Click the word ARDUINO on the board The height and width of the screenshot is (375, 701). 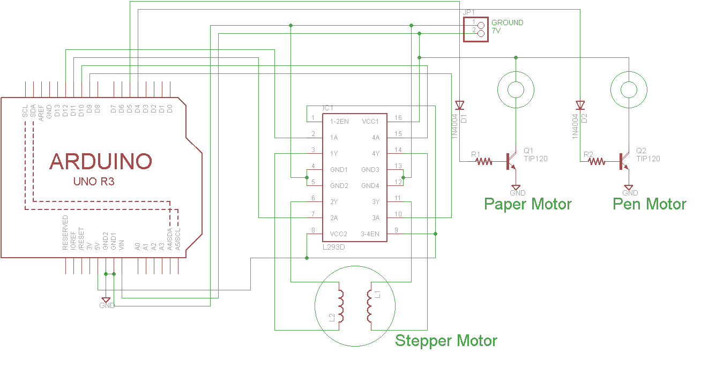[101, 161]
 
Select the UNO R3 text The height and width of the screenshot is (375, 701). [94, 182]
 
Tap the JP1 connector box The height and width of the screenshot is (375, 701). [475, 29]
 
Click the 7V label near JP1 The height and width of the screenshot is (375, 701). [496, 31]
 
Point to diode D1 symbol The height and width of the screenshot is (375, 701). [459, 105]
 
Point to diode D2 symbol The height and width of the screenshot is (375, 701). [580, 105]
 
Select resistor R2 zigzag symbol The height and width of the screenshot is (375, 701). [597, 160]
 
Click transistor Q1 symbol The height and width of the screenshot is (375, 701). [511, 161]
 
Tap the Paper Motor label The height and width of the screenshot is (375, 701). [527, 204]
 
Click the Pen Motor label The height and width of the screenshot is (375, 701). [649, 204]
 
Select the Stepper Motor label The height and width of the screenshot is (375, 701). [446, 341]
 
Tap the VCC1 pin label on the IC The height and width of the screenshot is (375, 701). [370, 122]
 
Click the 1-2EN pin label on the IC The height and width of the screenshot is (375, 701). [339, 122]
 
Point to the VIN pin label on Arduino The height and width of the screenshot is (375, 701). [122, 245]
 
